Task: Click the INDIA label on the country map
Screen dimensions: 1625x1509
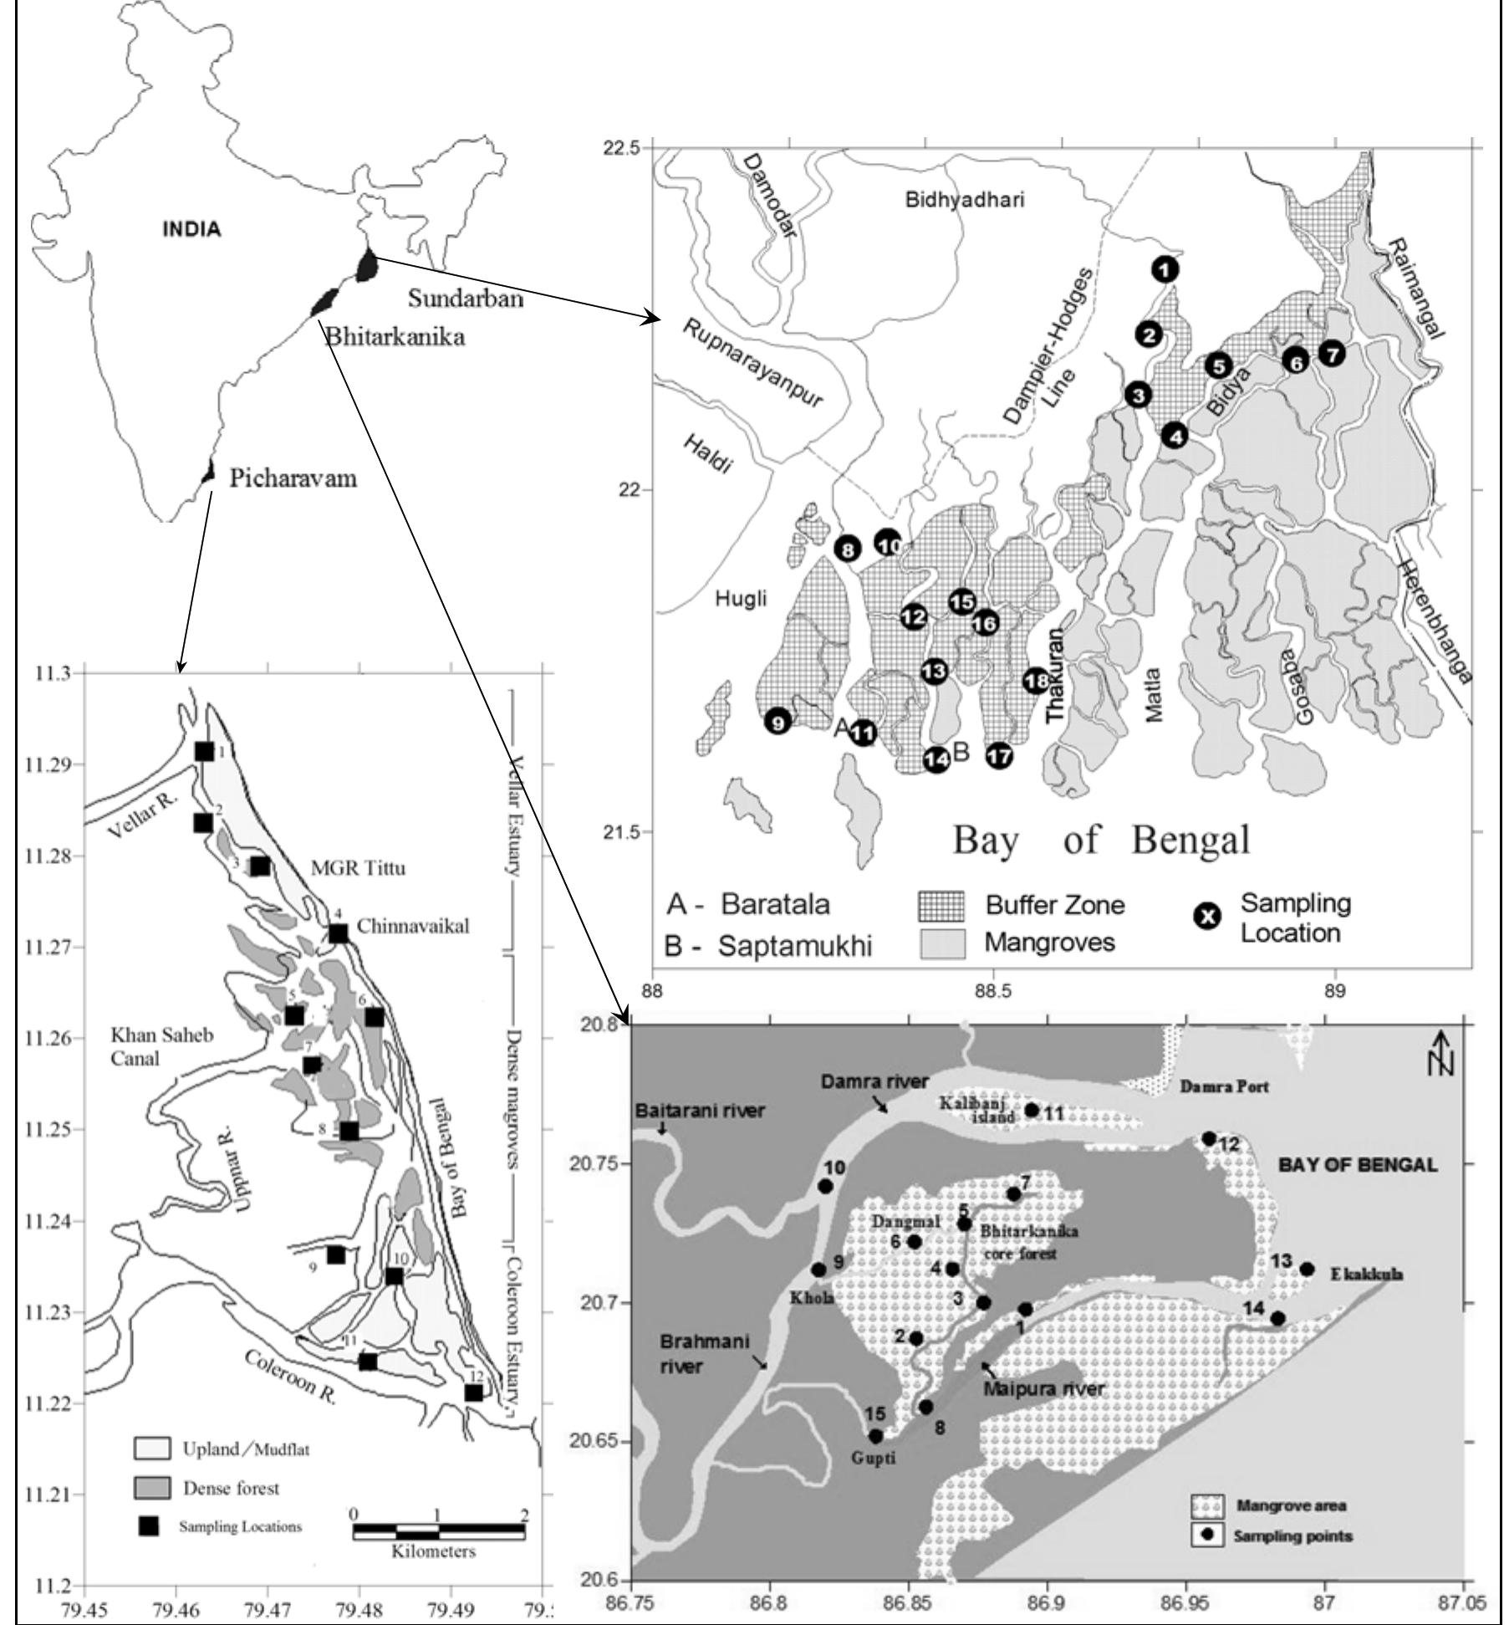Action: point(192,229)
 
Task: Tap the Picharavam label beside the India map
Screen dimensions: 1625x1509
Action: point(293,478)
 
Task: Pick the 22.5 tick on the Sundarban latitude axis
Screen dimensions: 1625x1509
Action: point(624,147)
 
